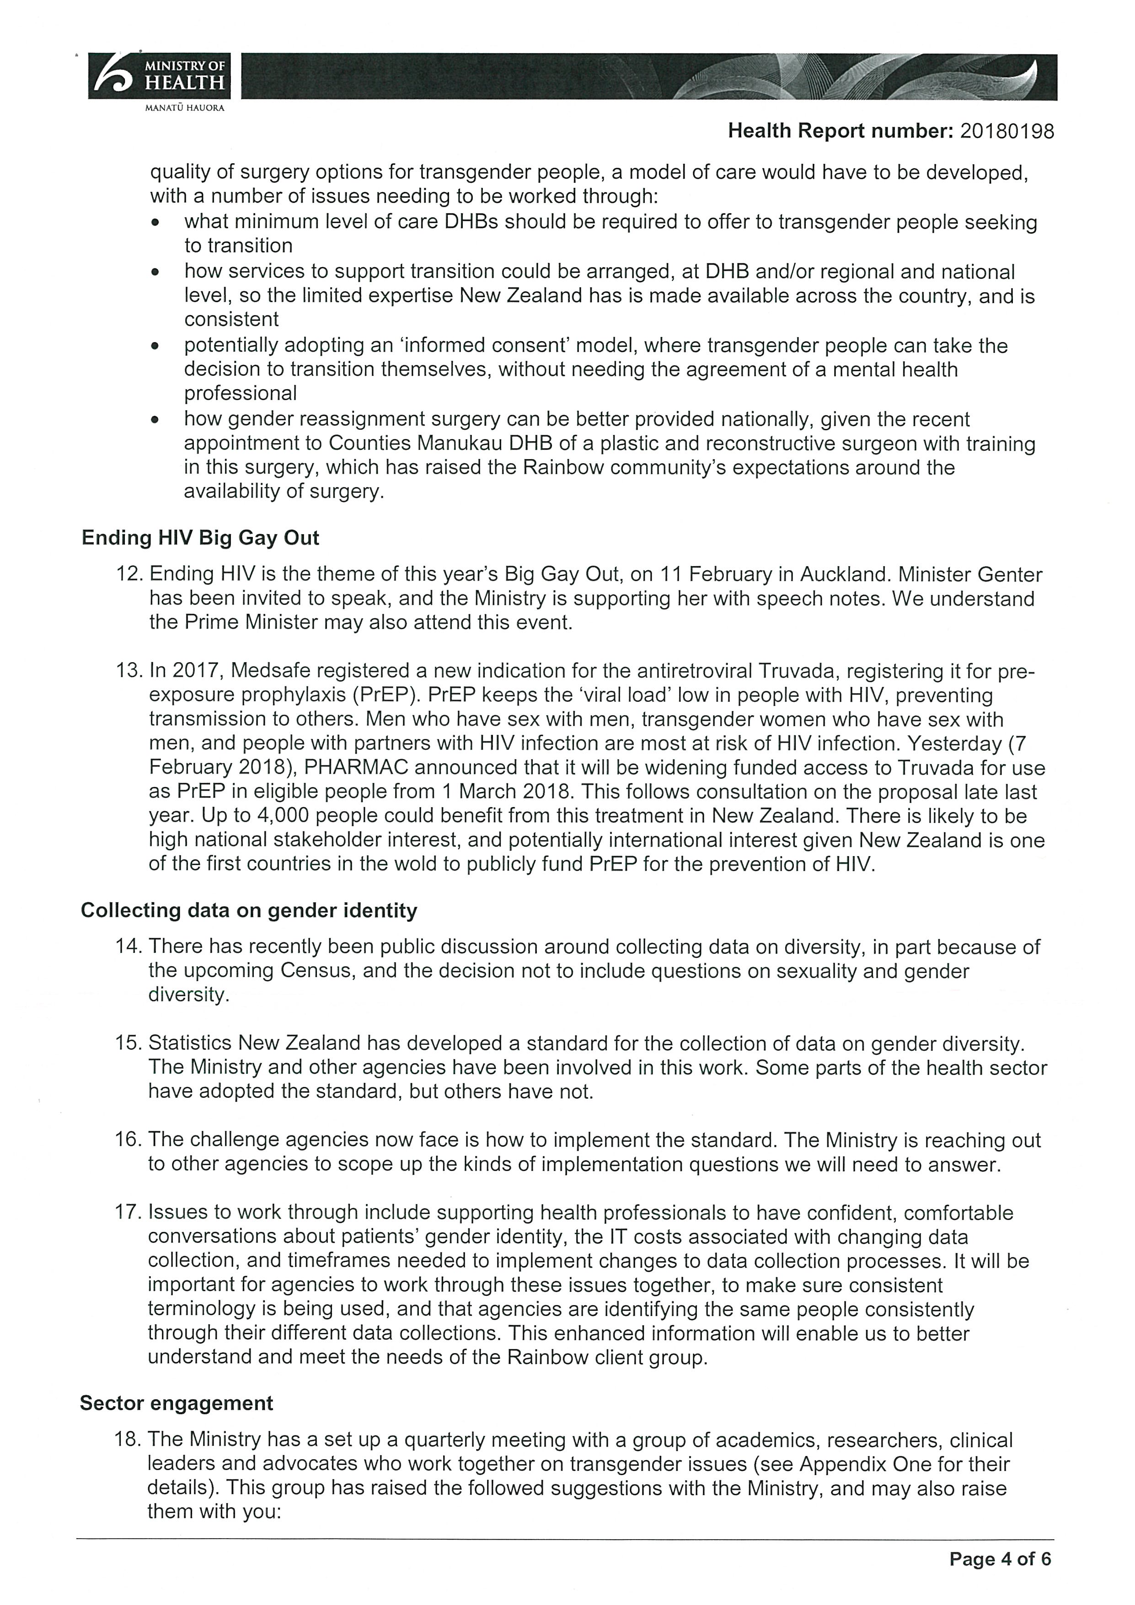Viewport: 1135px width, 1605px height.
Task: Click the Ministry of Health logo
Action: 159,76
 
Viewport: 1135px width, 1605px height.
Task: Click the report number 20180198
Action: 1007,131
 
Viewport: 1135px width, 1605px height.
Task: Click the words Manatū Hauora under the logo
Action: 184,108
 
